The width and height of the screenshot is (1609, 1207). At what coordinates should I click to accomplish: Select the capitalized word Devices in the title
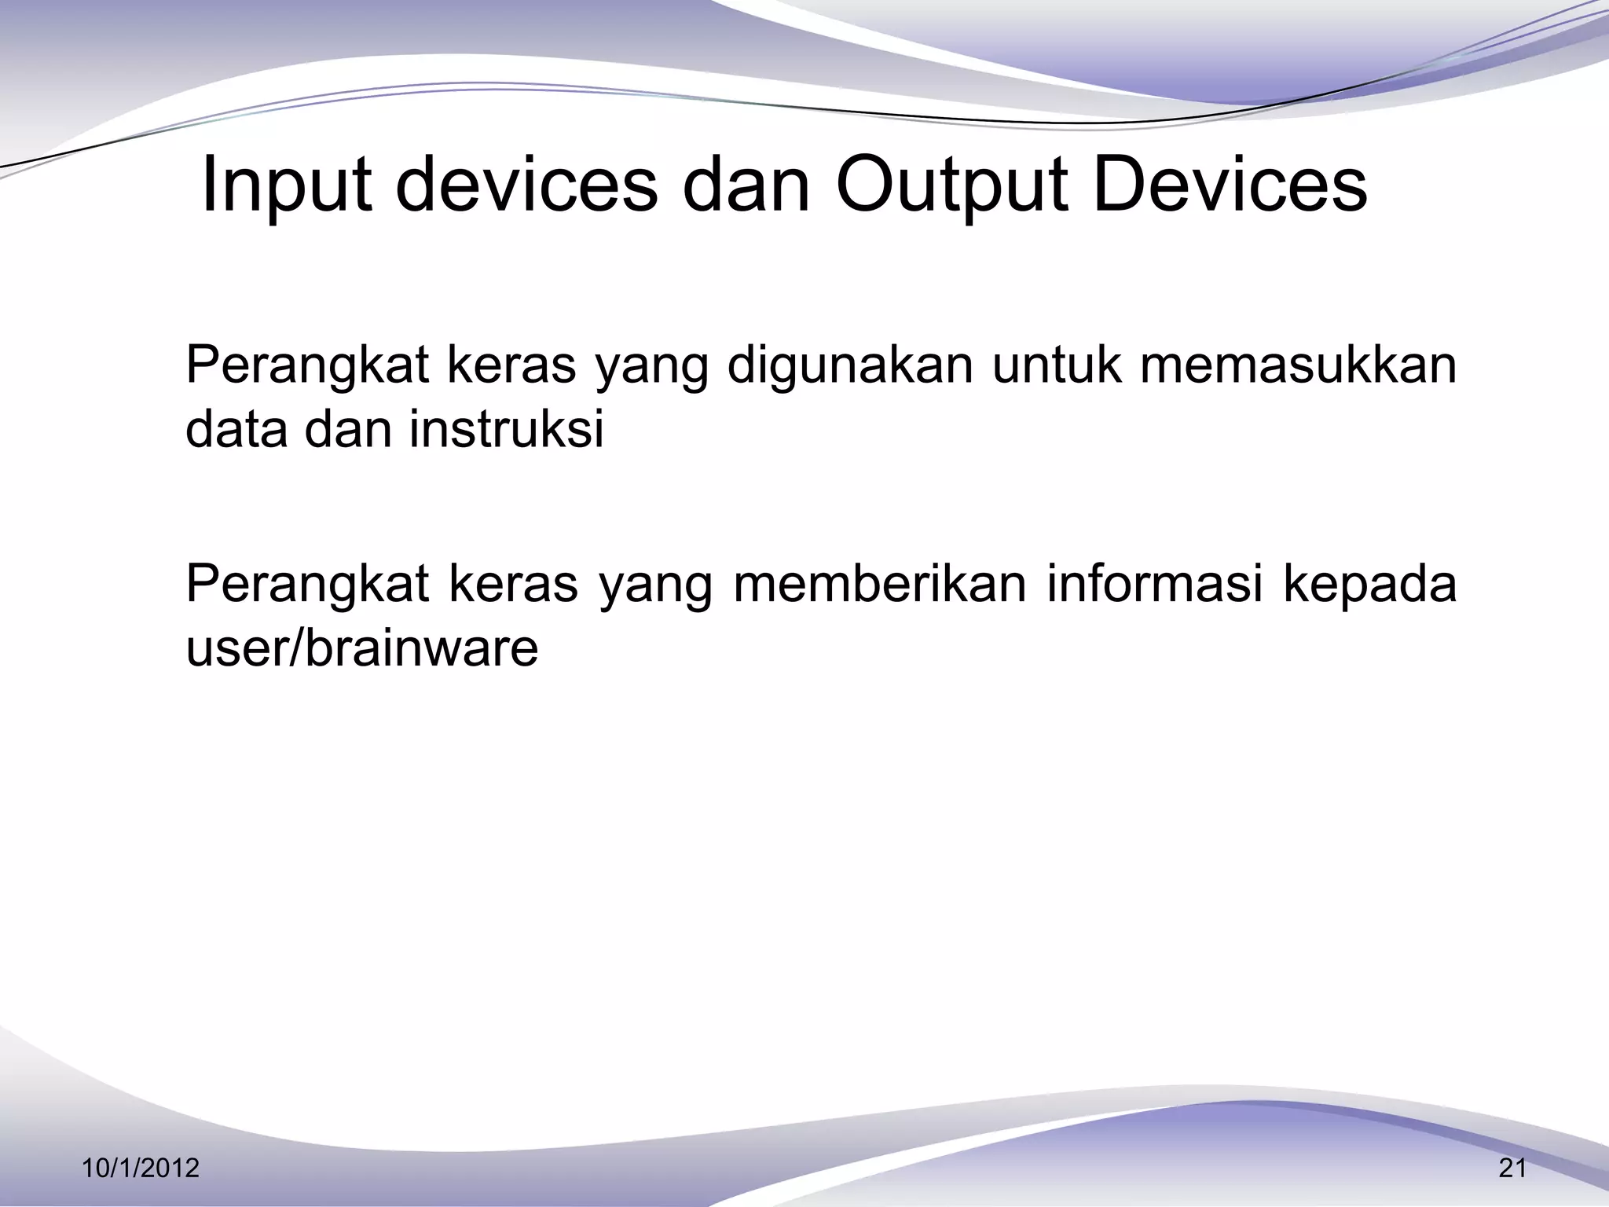point(1230,185)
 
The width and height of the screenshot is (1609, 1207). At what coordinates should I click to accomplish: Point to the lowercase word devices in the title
point(526,185)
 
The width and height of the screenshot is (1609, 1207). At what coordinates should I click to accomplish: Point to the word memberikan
point(880,583)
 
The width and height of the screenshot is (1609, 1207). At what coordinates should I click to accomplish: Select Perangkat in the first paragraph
point(307,366)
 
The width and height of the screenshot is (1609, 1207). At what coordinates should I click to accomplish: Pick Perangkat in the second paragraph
point(307,585)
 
